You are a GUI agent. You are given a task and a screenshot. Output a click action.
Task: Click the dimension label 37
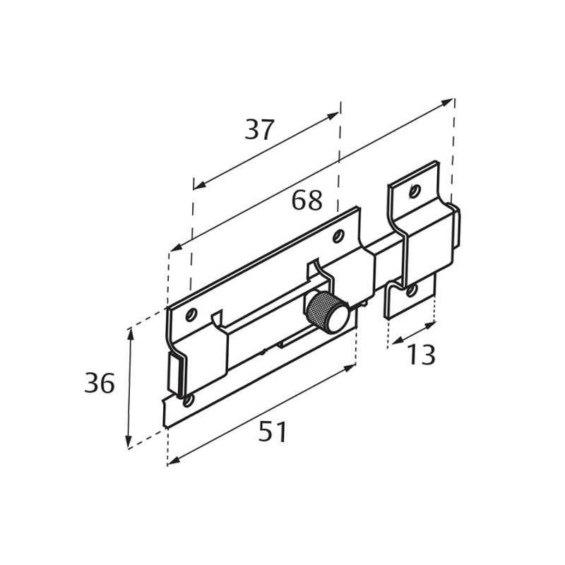point(259,130)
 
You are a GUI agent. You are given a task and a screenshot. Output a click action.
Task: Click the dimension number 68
point(307,201)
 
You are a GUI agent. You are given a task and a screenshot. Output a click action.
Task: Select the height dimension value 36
point(99,383)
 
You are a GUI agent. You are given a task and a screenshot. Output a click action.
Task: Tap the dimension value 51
point(273,432)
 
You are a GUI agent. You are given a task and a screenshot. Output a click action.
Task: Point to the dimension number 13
point(420,355)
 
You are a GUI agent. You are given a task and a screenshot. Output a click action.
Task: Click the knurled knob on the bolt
point(326,311)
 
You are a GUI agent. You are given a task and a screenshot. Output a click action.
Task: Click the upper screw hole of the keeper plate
point(415,190)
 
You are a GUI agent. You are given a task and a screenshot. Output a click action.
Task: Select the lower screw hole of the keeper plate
point(411,289)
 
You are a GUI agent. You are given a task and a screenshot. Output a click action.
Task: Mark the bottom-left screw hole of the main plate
point(188,401)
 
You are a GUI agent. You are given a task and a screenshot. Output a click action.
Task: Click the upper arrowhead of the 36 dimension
point(129,333)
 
